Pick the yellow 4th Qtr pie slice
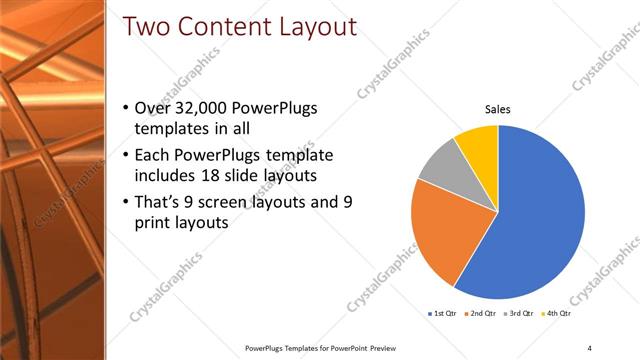pos(477,146)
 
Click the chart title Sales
pos(498,110)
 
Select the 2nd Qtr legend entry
pos(480,314)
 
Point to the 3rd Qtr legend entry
pos(517,314)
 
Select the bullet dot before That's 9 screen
pos(124,203)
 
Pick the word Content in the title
pos(222,27)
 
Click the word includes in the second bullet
pos(165,176)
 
